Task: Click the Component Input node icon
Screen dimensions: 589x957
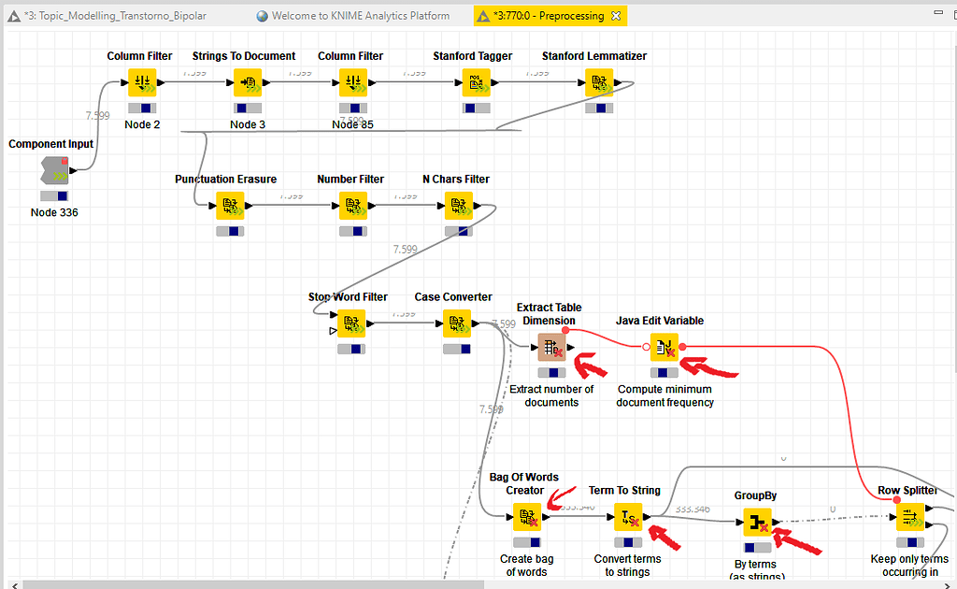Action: [54, 171]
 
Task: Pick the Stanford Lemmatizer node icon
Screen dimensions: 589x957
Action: [599, 83]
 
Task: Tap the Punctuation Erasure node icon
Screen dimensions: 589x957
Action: [230, 206]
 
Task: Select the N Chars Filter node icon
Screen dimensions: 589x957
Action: [458, 206]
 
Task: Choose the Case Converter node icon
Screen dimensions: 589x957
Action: [458, 323]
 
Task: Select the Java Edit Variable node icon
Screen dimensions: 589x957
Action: [664, 348]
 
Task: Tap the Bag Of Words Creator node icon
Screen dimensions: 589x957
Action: [527, 517]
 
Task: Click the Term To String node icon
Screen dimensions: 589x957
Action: [628, 517]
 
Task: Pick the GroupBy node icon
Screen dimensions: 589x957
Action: [756, 522]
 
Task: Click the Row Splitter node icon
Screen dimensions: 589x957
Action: [910, 517]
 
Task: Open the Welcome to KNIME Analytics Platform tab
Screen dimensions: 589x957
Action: [360, 16]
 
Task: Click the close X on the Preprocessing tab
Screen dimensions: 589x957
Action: [616, 16]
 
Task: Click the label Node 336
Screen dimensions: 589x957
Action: [54, 212]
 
